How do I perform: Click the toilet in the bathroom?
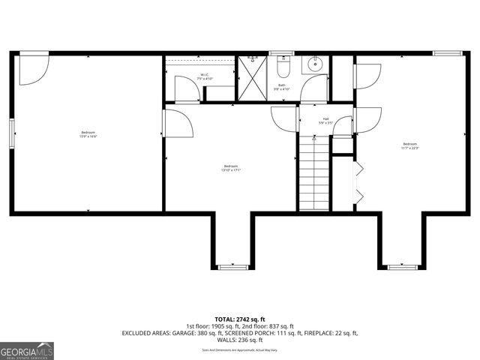pos(283,70)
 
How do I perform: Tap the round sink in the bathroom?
pos(316,64)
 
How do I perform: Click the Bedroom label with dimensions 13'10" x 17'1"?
pos(230,168)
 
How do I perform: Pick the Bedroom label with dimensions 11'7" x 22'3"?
pos(409,145)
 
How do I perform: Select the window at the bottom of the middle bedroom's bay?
pos(230,266)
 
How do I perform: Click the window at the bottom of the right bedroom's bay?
pos(403,266)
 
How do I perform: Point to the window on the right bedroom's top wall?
pos(447,52)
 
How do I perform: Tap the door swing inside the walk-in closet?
pos(187,89)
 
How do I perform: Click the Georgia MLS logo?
pos(27,350)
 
